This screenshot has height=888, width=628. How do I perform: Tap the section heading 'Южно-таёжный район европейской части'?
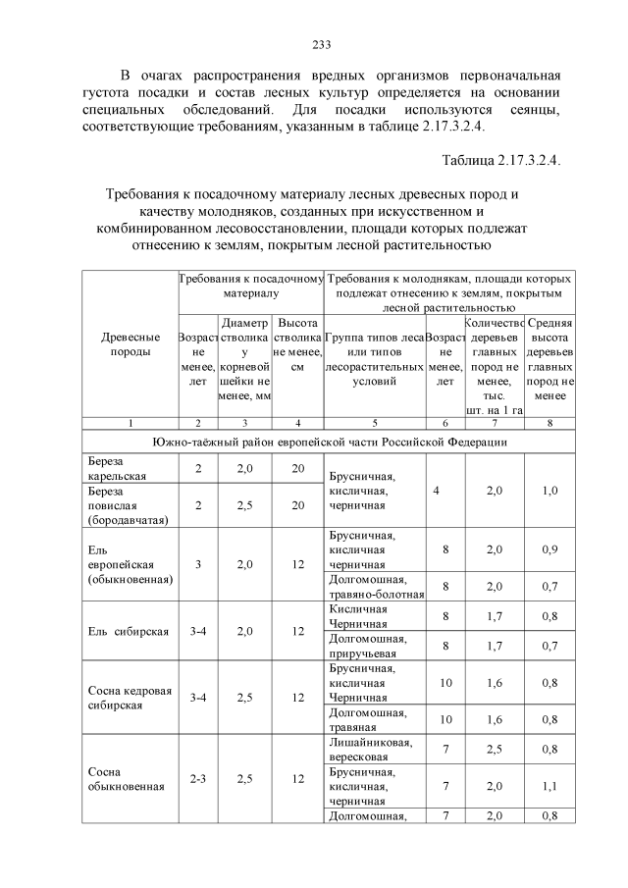[x=329, y=443]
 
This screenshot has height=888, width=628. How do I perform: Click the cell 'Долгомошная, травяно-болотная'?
[x=375, y=586]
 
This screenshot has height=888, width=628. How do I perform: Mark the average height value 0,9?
[x=549, y=549]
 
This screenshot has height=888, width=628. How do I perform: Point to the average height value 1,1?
[x=549, y=786]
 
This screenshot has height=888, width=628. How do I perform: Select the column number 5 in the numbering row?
[x=374, y=422]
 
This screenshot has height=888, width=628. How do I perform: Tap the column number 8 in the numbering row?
[x=549, y=422]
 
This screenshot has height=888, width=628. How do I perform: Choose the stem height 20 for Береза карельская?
[x=298, y=469]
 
